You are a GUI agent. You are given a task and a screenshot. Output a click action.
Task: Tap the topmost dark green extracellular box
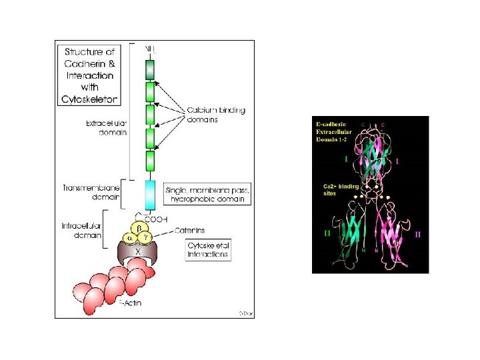pyautogui.click(x=150, y=69)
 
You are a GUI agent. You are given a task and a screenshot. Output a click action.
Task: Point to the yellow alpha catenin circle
pyautogui.click(x=130, y=238)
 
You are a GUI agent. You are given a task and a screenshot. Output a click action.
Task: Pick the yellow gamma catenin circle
pyautogui.click(x=148, y=238)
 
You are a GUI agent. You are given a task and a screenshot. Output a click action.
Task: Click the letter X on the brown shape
pyautogui.click(x=139, y=252)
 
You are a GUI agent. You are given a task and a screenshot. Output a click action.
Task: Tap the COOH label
pyautogui.click(x=156, y=219)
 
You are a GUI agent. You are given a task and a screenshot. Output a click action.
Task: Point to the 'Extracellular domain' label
pyautogui.click(x=106, y=128)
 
